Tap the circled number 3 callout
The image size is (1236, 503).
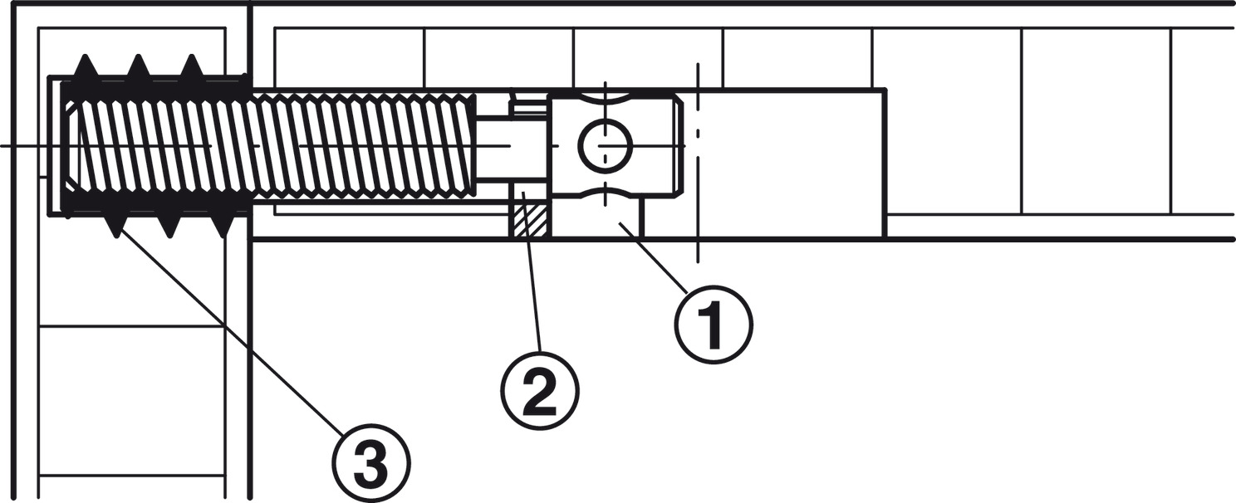click(370, 461)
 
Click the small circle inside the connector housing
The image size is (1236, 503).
click(605, 145)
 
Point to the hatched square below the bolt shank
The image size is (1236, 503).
click(528, 221)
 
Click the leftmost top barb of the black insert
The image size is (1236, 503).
click(85, 66)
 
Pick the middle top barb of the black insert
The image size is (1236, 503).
click(138, 66)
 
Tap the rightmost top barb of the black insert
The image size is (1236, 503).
click(192, 66)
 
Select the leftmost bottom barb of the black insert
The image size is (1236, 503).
click(115, 226)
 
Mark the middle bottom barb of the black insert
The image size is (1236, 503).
click(169, 226)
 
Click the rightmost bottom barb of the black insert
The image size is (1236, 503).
click(223, 226)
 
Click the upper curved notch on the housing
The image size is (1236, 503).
click(605, 98)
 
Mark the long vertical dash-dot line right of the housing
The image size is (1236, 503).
click(698, 163)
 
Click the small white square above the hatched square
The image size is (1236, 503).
click(528, 195)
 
